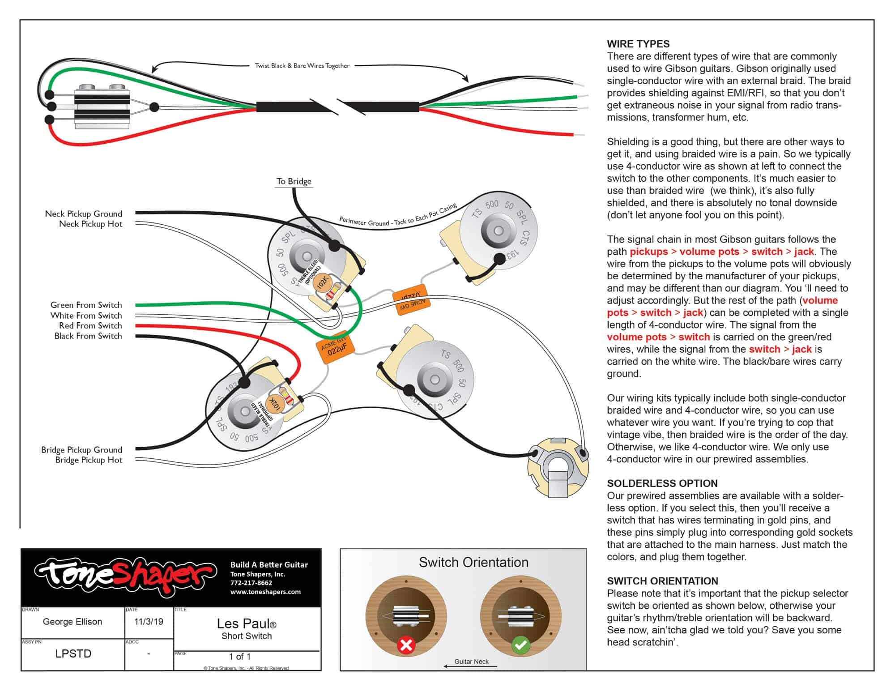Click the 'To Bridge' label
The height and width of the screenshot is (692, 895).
click(x=294, y=181)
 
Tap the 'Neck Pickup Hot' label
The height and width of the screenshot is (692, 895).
click(x=90, y=224)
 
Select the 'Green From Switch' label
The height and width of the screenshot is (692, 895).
click(x=86, y=305)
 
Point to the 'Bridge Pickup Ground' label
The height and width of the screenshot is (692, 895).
click(x=81, y=449)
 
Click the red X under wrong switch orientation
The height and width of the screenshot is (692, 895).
click(x=406, y=645)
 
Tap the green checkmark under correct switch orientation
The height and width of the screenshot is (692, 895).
click(x=520, y=645)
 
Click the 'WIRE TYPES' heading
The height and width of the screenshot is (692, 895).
click(x=638, y=44)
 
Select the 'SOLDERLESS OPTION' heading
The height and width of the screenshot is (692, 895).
click(x=662, y=483)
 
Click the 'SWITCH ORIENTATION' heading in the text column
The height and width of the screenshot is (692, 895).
click(x=662, y=581)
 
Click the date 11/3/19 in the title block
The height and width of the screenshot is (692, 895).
click(x=149, y=622)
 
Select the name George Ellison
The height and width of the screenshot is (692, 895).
click(x=72, y=622)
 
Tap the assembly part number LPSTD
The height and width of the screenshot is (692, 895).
click(x=73, y=654)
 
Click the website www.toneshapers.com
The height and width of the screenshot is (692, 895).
click(x=265, y=592)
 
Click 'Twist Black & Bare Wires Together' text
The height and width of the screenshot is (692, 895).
click(x=302, y=66)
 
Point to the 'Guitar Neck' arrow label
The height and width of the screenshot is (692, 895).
click(x=471, y=662)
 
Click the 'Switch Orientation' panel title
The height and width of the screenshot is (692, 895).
click(x=473, y=562)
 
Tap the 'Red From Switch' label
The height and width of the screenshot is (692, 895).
click(x=90, y=325)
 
